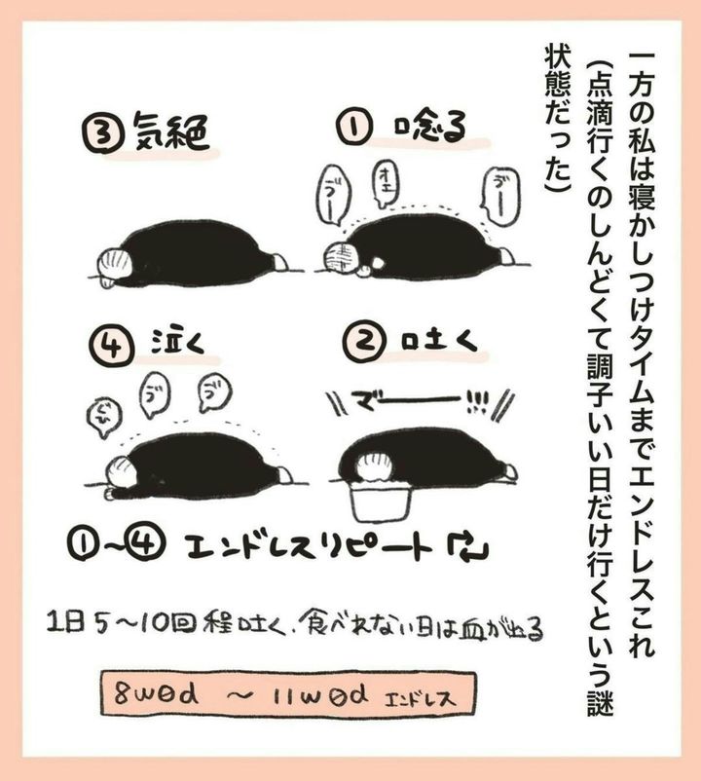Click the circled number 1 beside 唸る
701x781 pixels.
click(353, 129)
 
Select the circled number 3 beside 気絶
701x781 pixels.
click(102, 134)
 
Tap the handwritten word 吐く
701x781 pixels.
click(439, 343)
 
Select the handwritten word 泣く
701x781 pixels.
click(178, 343)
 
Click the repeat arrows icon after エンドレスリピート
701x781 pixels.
click(467, 546)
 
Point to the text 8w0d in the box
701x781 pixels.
click(156, 693)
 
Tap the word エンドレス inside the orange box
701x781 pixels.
click(420, 696)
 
